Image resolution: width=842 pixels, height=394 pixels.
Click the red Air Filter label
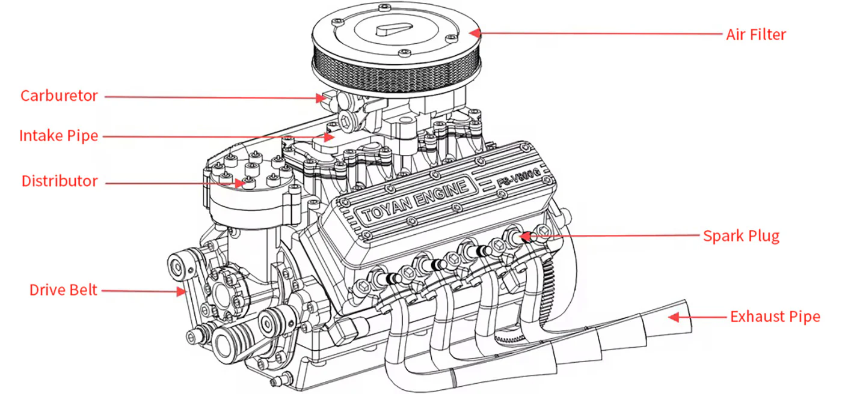pyautogui.click(x=755, y=34)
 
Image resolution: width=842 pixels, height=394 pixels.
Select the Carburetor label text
pyautogui.click(x=59, y=96)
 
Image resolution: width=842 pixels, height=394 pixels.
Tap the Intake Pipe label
pyautogui.click(x=58, y=136)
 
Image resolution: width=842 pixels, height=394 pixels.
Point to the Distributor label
pyautogui.click(x=60, y=181)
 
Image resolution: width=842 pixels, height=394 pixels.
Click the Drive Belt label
pyautogui.click(x=63, y=291)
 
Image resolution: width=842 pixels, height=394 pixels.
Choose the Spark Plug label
pyautogui.click(x=741, y=235)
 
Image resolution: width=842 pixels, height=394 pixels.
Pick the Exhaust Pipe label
pyautogui.click(x=775, y=317)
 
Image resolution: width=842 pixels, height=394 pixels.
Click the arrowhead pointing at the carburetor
pyautogui.click(x=323, y=98)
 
